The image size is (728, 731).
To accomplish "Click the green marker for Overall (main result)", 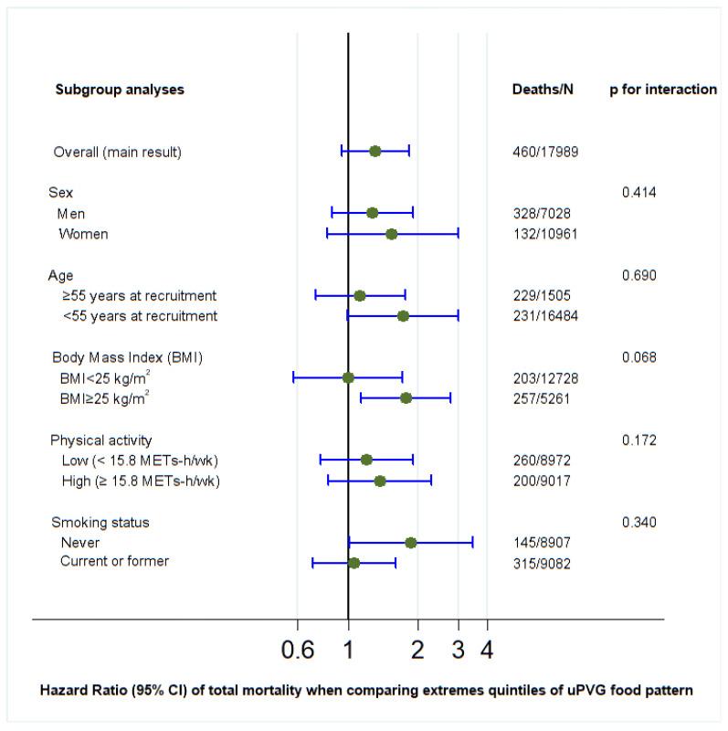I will click(x=375, y=151).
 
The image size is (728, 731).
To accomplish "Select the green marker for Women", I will click(x=391, y=234).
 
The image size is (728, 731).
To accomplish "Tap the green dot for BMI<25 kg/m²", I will click(x=348, y=377).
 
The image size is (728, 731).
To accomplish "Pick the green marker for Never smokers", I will click(x=410, y=543).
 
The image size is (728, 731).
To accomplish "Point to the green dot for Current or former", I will click(x=353, y=563).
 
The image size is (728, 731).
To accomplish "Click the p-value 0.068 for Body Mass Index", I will click(x=638, y=357).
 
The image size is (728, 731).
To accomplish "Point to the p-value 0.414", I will click(x=638, y=193).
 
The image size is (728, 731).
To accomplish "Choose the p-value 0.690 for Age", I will click(x=638, y=275).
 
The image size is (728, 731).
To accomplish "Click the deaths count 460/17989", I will click(x=545, y=152).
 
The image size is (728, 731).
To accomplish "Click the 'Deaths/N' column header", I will click(x=543, y=90).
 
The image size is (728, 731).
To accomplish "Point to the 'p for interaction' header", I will click(x=662, y=90).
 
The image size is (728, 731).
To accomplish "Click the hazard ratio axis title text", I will click(x=365, y=691).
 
